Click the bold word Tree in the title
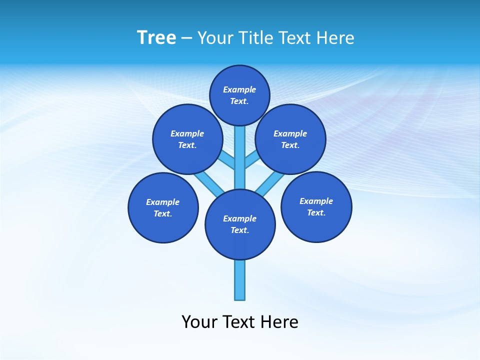tap(156, 38)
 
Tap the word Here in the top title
tap(335, 38)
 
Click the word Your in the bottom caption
tap(199, 322)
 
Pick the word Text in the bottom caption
tap(239, 322)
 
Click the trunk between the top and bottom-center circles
tap(240, 157)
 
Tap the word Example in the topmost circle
tap(239, 89)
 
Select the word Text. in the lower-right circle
tap(316, 212)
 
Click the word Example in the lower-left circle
tap(163, 202)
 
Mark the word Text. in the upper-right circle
tap(290, 145)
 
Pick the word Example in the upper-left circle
tap(187, 133)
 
